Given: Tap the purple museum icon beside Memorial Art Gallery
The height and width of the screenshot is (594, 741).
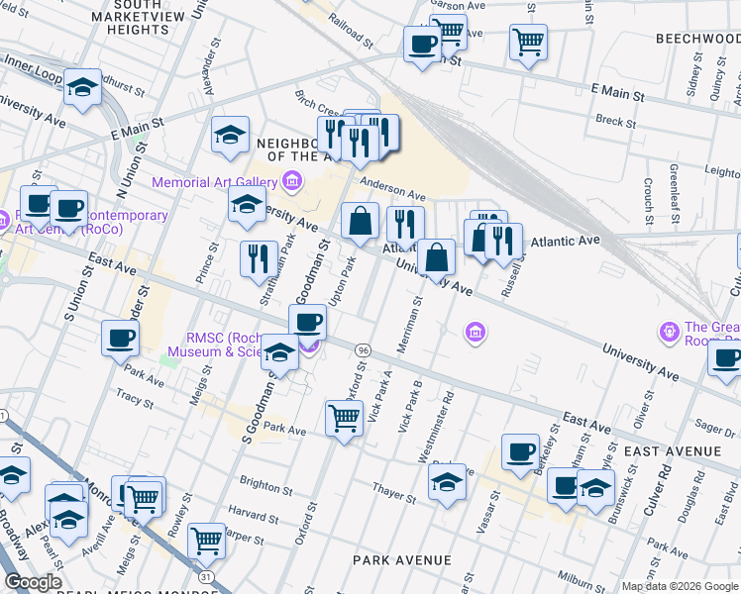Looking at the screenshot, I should [291, 181].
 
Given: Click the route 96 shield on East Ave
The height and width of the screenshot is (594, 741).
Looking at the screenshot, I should [364, 350].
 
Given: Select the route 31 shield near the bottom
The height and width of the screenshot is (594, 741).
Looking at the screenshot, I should [205, 575].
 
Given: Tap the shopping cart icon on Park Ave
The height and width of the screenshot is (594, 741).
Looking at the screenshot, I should [344, 418].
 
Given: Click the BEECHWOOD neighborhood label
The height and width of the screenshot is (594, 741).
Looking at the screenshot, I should [697, 38].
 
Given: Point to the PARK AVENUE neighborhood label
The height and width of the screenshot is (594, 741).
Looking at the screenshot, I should [402, 560].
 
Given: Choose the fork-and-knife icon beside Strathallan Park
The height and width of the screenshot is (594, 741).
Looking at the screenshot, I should [259, 259].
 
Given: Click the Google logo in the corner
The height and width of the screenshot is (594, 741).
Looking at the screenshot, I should [33, 582].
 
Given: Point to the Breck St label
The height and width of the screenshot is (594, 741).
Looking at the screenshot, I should [615, 121].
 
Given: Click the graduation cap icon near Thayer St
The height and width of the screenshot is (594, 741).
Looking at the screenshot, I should [447, 483].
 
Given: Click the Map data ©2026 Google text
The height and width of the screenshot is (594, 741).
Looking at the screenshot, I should [679, 586].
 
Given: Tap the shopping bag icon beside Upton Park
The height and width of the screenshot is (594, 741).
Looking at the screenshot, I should [360, 221].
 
